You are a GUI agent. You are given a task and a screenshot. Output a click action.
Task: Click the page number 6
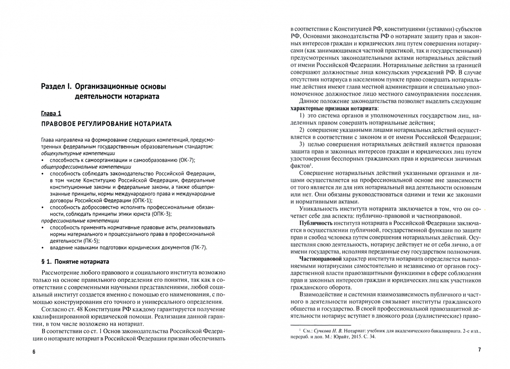[x=34, y=352]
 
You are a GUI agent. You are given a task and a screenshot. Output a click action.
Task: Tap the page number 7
[x=479, y=350]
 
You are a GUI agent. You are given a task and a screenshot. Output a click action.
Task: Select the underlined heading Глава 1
[x=51, y=113]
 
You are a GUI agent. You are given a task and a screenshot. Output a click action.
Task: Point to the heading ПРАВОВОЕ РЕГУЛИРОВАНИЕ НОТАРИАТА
[x=106, y=124]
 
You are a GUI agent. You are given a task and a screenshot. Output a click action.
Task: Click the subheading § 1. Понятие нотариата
[x=75, y=262]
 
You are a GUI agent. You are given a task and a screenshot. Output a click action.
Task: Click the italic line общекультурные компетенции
[x=78, y=153]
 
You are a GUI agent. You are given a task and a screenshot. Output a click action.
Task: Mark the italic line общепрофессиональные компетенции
[x=86, y=167]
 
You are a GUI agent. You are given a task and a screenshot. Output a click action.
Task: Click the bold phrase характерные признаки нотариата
[x=331, y=108]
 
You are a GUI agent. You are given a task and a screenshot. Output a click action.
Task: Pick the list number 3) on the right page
[x=302, y=144]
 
